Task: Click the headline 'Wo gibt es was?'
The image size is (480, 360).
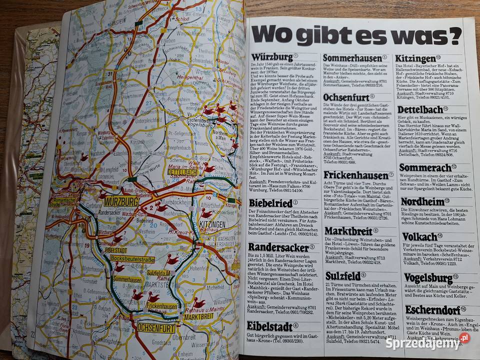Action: pyautogui.click(x=356, y=35)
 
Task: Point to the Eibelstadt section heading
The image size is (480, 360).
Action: pyautogui.click(x=269, y=325)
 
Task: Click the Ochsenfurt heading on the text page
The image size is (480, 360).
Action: pyautogui.click(x=346, y=97)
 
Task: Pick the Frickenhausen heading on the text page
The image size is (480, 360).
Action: pyautogui.click(x=355, y=175)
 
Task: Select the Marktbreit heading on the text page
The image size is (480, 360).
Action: pyautogui.click(x=348, y=231)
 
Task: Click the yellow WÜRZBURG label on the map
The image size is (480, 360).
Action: pyautogui.click(x=122, y=201)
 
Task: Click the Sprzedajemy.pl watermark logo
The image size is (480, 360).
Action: pyautogui.click(x=427, y=342)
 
